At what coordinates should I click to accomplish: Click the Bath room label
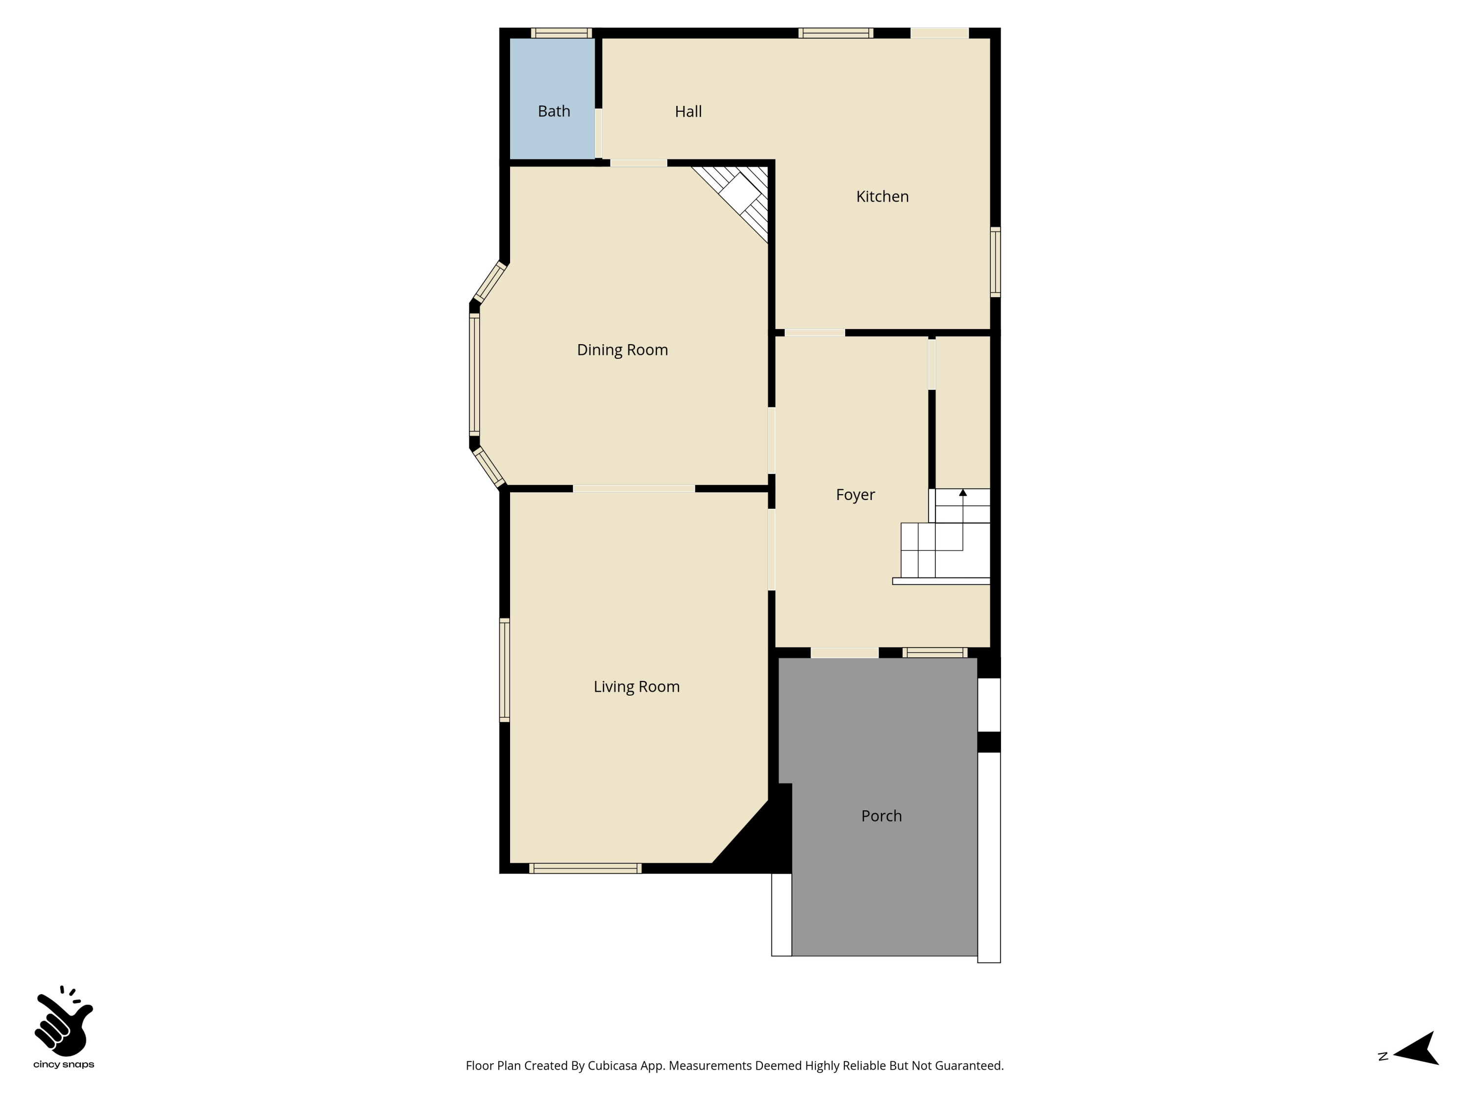click(x=554, y=111)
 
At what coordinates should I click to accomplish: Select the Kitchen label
click(x=882, y=197)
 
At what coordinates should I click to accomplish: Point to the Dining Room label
click(x=622, y=350)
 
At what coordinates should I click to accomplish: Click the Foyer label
click(x=855, y=495)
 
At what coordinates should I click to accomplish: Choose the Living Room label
click(x=636, y=687)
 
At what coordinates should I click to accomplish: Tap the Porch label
click(x=881, y=816)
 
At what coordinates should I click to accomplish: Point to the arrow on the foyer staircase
click(x=962, y=493)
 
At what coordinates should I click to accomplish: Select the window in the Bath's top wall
click(x=561, y=32)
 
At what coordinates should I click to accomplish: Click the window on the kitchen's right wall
click(x=995, y=261)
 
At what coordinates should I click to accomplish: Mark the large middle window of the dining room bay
click(x=474, y=375)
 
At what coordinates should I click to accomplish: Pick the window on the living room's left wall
click(x=504, y=670)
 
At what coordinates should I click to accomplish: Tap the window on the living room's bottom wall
click(x=585, y=868)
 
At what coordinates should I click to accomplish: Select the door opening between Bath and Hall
click(x=599, y=134)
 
